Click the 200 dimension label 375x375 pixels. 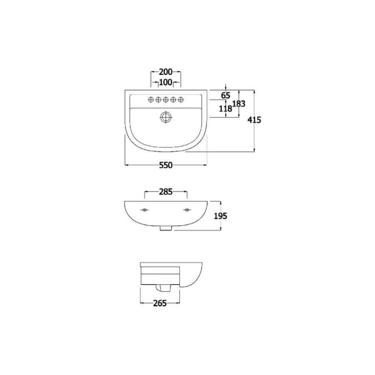pos(165,72)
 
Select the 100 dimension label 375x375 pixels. pos(165,82)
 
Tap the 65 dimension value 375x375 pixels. pos(225,96)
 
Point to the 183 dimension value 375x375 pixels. pos(238,104)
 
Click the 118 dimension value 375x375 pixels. pos(225,109)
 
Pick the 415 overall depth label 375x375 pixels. pos(254,120)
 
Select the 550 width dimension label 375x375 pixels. pos(165,165)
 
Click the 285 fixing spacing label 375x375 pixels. pos(165,192)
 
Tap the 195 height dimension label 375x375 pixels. pos(220,215)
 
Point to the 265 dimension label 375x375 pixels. pos(160,303)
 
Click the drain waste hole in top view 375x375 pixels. pos(166,117)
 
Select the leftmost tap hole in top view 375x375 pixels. pos(151,100)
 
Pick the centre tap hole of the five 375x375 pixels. pos(166,100)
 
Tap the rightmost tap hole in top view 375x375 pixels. pos(181,100)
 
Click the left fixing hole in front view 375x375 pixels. pos(144,209)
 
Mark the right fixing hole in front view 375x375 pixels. pos(187,209)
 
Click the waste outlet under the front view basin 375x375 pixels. pos(165,228)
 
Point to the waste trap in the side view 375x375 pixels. pos(160,288)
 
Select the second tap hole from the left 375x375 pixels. pos(158,100)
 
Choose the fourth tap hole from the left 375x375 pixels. pos(173,100)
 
